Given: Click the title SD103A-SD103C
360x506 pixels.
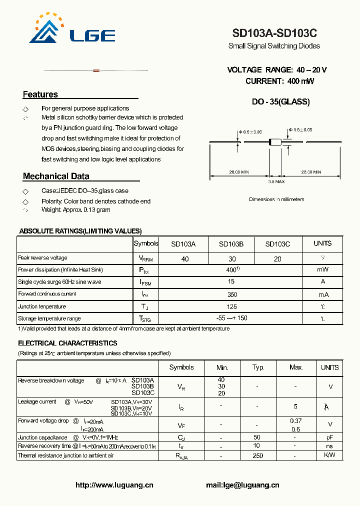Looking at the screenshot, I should pos(274,33).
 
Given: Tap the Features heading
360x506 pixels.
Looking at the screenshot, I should pos(40,94).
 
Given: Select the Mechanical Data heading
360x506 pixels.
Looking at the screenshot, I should pos(56,176).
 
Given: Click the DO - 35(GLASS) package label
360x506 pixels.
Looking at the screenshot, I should pos(280,102).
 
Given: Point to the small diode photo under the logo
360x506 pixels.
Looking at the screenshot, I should pos(96,70).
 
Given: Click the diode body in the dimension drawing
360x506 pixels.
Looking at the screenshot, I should pos(274,142).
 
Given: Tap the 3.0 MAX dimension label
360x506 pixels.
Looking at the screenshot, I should pos(276,181).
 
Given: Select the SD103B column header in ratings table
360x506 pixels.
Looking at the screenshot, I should pos(231,244).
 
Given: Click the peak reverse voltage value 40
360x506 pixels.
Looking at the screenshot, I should pos(185,259).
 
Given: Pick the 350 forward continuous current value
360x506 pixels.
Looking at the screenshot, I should pos(231,294).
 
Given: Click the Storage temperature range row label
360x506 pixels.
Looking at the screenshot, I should pos(49,318).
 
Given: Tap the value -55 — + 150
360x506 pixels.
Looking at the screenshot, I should pos(231,318).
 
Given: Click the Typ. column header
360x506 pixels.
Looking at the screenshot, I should pos(258,367).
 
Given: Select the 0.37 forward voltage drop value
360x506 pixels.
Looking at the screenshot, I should pos(296,421).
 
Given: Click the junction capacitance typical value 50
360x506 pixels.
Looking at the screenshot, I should pos(257,437).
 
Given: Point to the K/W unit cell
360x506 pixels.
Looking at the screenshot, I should pos(329,455).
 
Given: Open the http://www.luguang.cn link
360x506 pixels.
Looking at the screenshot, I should pos(114,485).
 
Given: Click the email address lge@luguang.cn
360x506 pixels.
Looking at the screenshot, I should pos(242,485).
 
